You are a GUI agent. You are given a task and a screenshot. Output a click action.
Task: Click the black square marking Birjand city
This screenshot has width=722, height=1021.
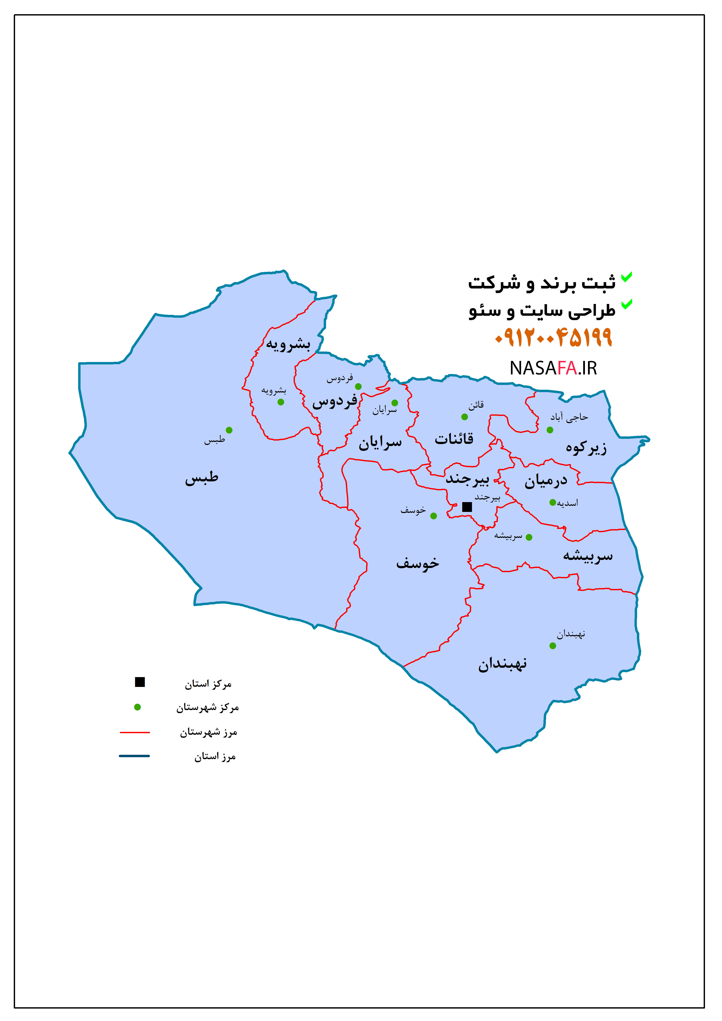click(467, 507)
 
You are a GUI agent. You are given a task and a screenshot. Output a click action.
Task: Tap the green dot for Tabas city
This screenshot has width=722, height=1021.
click(229, 430)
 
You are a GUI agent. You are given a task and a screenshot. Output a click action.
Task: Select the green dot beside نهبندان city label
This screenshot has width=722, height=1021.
click(552, 646)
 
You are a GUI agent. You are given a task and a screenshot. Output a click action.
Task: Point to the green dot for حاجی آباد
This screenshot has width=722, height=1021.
click(550, 430)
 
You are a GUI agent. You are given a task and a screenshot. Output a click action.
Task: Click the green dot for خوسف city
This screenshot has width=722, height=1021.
click(434, 516)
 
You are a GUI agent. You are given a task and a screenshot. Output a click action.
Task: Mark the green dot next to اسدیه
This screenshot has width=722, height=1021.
click(552, 503)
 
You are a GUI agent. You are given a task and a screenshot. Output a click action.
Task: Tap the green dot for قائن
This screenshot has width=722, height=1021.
click(464, 417)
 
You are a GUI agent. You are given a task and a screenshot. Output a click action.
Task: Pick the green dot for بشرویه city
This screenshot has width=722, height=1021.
click(281, 402)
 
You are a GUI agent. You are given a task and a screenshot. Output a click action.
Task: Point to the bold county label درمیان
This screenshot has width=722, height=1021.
click(546, 481)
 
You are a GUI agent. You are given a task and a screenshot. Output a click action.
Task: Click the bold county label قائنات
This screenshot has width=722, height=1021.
click(454, 439)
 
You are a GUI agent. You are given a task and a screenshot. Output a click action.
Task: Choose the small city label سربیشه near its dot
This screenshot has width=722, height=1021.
click(508, 536)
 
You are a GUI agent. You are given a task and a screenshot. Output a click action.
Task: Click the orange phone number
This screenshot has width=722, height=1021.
click(554, 338)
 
